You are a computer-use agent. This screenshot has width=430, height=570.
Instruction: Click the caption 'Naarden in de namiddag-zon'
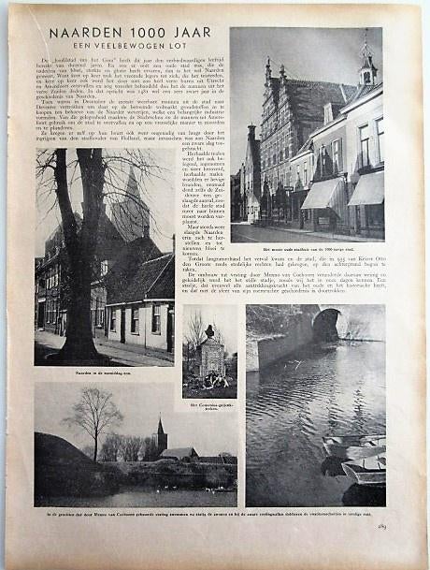tap(103, 373)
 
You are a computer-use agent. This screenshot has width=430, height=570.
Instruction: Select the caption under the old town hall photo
tap(307, 250)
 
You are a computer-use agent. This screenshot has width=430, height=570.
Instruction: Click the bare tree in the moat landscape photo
tap(93, 418)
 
